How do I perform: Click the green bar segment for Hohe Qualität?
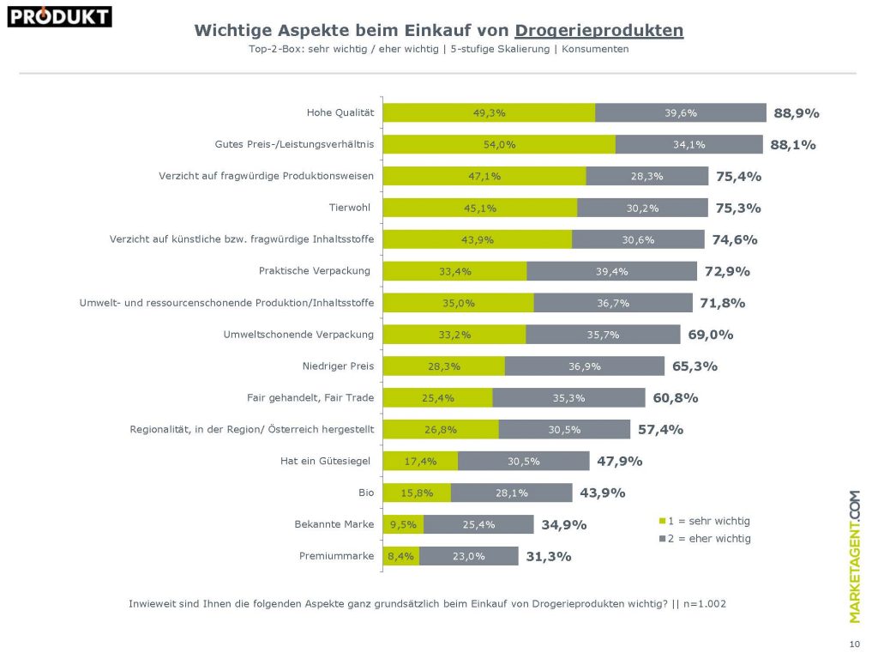pos(489,112)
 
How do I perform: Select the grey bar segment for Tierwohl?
pos(642,208)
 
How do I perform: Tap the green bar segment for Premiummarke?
pos(401,556)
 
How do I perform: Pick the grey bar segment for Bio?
pos(511,493)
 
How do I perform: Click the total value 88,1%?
pos(792,145)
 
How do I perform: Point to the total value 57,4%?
pos(660,429)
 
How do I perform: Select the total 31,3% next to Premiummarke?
pos(548,556)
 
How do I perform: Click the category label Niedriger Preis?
pos(338,366)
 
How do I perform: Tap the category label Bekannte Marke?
pos(335,523)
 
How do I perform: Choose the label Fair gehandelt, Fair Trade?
pos(310,397)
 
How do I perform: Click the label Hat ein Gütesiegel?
pos(325,461)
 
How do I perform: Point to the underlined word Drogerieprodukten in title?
pos(599,31)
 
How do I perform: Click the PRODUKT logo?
pos(59,16)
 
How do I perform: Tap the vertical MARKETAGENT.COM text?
pos(854,556)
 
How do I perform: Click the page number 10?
pos(854,644)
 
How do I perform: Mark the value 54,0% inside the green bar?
pos(499,145)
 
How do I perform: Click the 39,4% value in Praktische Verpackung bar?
pos(611,271)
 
